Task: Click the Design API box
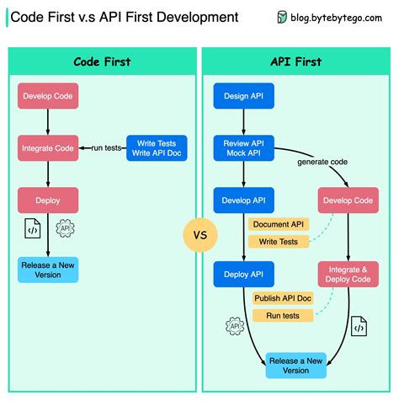[242, 96]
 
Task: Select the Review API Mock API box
[242, 148]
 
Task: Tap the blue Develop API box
[242, 200]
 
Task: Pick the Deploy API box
[242, 273]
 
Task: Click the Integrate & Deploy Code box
[348, 273]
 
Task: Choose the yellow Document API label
[279, 224]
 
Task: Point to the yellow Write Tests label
[279, 242]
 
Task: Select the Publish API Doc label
[282, 297]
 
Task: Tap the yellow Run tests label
[282, 315]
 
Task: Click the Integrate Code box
[47, 148]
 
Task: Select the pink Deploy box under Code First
[47, 200]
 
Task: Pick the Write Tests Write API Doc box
[156, 148]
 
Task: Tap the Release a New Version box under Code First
[47, 270]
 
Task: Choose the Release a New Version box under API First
[295, 366]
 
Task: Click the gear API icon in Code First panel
[64, 228]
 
